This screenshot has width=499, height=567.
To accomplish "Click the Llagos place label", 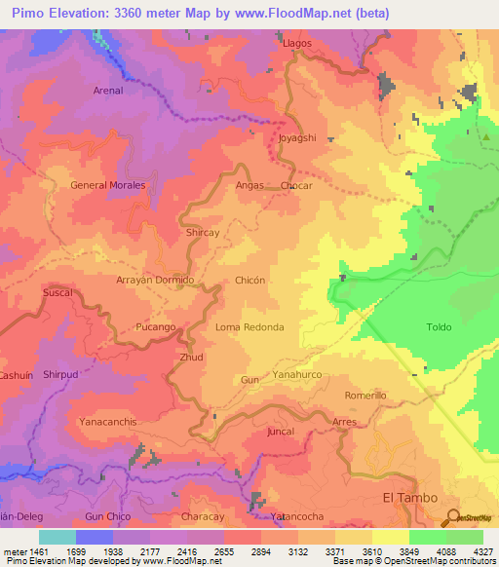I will coord(296,44).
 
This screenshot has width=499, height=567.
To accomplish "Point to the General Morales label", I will coord(108,185).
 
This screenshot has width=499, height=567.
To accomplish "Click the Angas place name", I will coord(249,185).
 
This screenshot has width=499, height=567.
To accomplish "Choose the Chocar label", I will coord(296,185).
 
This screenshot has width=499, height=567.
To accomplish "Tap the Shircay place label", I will coord(202,234).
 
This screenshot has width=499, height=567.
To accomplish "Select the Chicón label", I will coord(250,280).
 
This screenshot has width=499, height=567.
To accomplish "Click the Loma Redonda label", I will coord(249,327).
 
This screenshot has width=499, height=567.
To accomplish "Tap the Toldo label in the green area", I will coord(439,327).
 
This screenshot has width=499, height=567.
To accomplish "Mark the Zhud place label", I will coord(191,358).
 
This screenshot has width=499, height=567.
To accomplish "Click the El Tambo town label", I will coord(403,498).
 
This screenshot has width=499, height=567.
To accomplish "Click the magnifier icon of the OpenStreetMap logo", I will coord(451,516).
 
